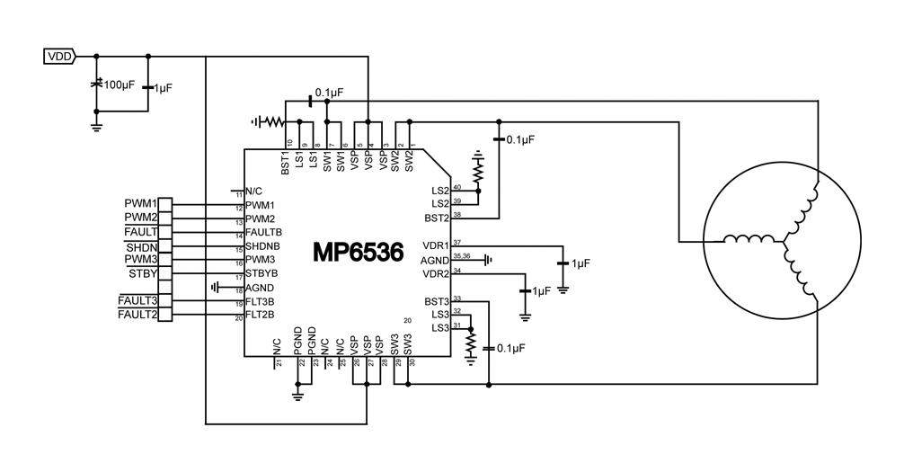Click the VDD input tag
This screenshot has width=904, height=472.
coord(59,57)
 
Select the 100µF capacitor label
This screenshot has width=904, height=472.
coord(120,85)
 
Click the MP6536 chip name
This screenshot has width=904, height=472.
coord(358,252)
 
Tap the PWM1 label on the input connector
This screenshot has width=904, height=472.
coord(141,204)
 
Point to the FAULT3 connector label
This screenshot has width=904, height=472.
coord(137,300)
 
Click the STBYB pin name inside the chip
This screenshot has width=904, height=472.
coord(261,272)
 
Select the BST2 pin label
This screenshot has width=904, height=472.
coord(436,218)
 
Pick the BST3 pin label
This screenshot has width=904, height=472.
coord(436,300)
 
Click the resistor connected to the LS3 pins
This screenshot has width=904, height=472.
coord(469,342)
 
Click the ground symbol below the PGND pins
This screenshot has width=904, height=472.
coord(297,393)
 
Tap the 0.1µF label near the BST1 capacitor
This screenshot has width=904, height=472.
coord(330,92)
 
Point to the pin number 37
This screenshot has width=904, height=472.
coord(456,242)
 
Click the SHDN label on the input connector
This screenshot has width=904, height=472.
coord(141,246)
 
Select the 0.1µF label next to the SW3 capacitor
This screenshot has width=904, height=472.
coord(510,347)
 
